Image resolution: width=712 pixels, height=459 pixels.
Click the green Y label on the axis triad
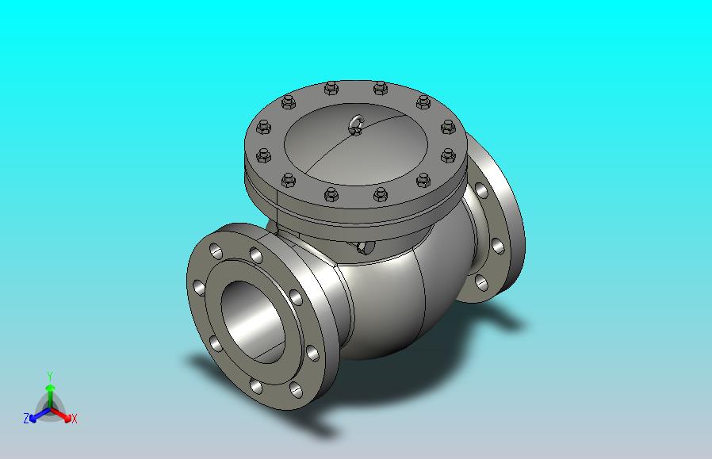51,376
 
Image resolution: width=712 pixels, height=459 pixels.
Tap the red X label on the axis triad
75,419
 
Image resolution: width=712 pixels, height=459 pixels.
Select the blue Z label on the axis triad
26,418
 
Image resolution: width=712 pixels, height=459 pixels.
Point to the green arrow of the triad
50,396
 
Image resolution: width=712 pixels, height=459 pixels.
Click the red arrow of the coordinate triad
61,415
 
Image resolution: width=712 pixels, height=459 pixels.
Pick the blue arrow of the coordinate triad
40,415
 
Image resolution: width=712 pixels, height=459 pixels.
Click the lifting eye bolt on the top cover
357,124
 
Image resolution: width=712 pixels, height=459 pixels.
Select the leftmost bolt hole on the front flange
199,288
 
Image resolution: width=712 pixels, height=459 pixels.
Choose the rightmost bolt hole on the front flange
312,353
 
